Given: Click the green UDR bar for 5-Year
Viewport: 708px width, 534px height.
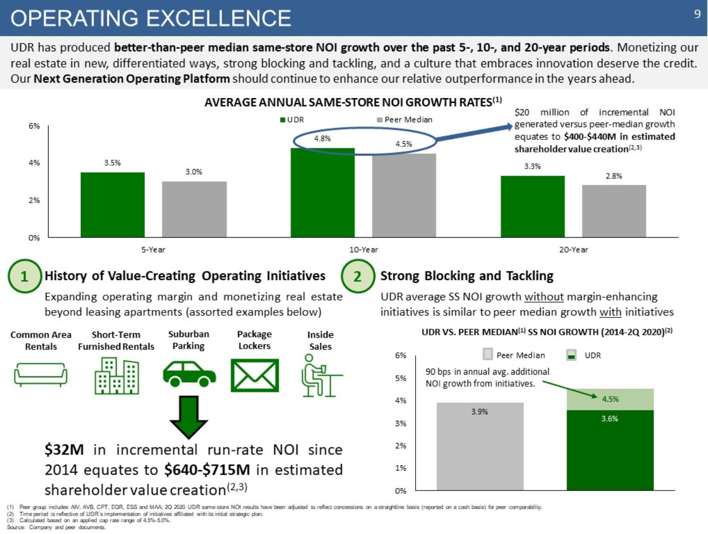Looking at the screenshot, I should coord(113,205).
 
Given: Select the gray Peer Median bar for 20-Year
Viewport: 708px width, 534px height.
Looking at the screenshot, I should coord(614,211).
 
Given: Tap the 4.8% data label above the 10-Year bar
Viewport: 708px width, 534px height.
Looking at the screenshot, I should coord(323,138).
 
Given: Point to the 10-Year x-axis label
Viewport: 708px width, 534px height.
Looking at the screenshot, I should coord(364,250).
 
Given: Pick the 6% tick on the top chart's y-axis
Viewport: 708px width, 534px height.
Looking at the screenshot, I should coord(34,126).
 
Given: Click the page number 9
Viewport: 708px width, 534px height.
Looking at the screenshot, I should coord(697,14).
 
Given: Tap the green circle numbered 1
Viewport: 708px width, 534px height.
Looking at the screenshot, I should coord(24,276).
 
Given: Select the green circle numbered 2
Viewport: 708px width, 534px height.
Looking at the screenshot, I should coord(358,276).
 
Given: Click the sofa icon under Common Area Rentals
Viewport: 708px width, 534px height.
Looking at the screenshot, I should coord(41,374).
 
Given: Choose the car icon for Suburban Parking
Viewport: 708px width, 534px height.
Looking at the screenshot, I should coord(189,374).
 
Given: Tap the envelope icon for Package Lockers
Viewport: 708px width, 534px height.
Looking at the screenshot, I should coord(255,375).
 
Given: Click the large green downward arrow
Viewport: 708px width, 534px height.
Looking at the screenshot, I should coord(189,417).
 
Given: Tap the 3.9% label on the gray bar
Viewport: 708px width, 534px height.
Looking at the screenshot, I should coord(479,411).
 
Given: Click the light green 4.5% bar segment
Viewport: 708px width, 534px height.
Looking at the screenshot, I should coord(610,400).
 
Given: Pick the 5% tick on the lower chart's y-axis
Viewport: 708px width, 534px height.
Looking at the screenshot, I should coord(401,378).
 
